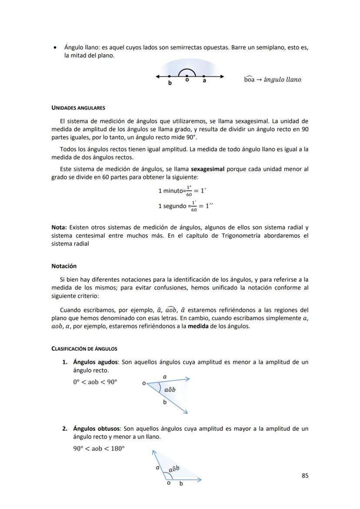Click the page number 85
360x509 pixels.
tap(305, 476)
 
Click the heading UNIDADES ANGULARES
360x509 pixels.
tap(78, 108)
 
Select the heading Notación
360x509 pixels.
tap(64, 266)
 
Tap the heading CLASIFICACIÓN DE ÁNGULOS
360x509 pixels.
tap(84, 349)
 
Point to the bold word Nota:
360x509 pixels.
tap(59, 227)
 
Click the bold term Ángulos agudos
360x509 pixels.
tap(95, 362)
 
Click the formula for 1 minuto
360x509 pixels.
tap(181, 191)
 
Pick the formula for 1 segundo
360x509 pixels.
tap(185, 206)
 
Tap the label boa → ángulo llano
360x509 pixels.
tap(272, 80)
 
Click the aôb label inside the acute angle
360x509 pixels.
tap(170, 389)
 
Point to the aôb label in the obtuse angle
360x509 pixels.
tap(174, 469)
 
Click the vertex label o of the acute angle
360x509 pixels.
tap(143, 383)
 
